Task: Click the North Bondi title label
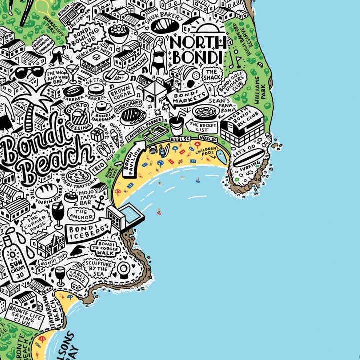click(x=196, y=50)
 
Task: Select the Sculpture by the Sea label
click(x=99, y=269)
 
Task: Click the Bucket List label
click(x=203, y=127)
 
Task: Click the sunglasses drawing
click(x=29, y=73)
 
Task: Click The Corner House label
click(x=37, y=224)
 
